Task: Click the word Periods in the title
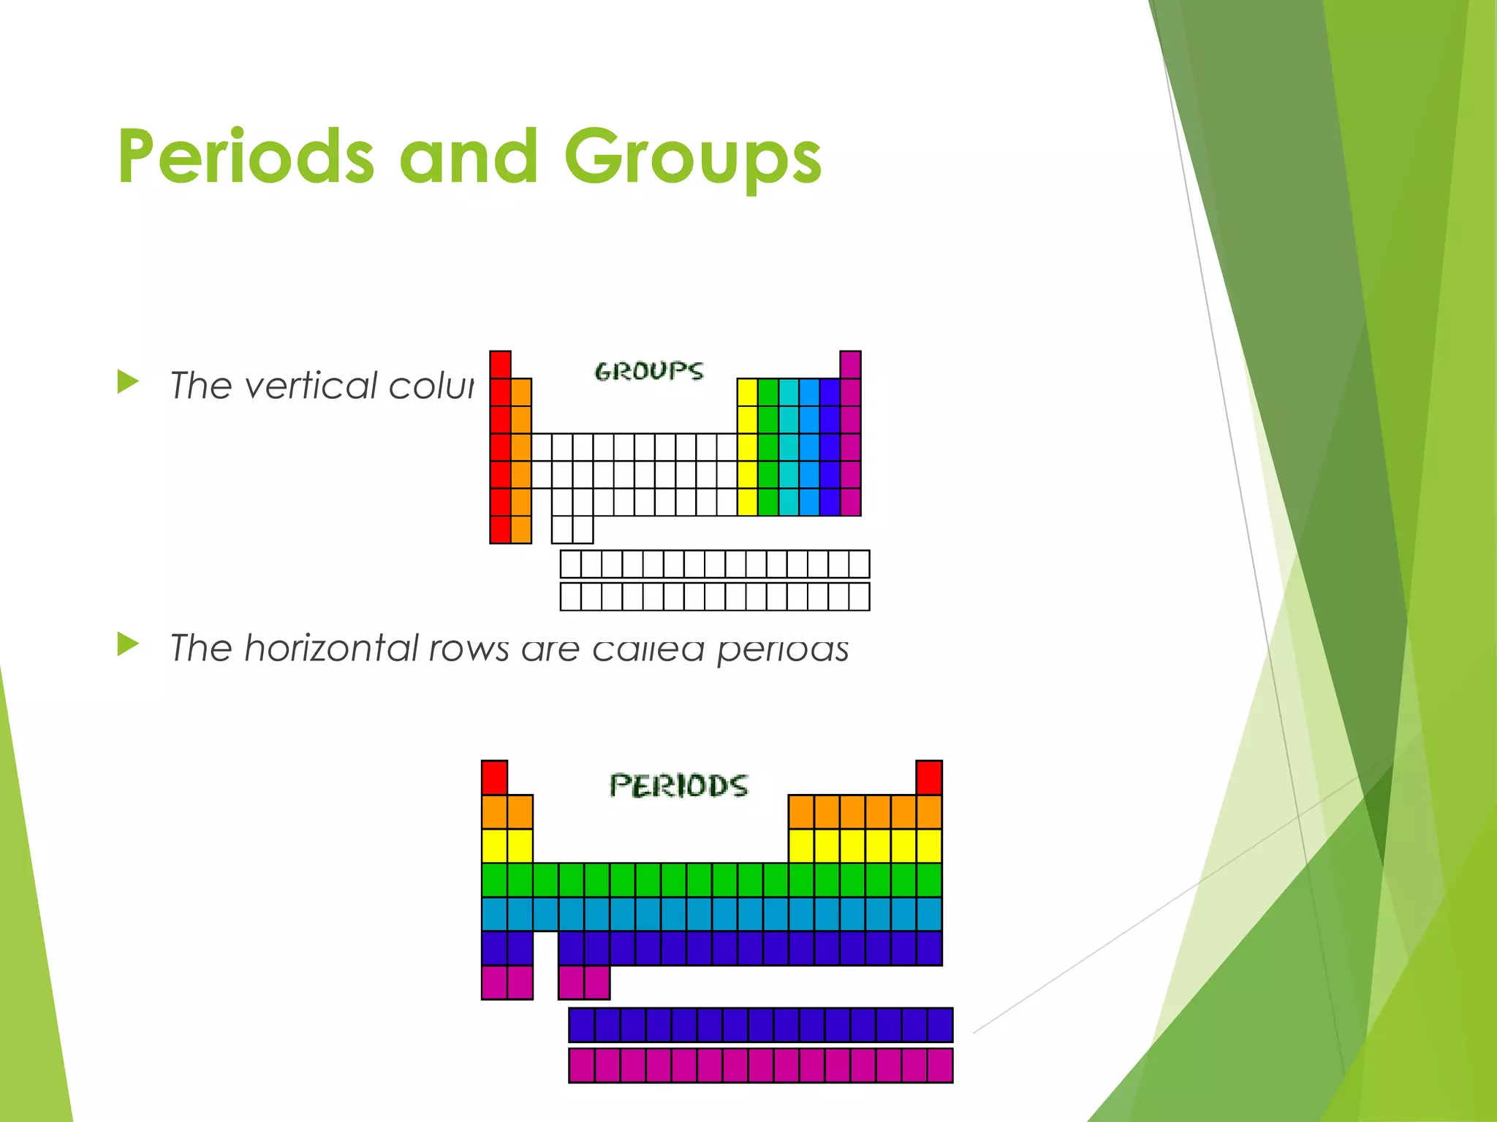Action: (246, 156)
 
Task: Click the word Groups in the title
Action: (692, 156)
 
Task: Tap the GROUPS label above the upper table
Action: (649, 371)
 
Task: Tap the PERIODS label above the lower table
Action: (678, 786)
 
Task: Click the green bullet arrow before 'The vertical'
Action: (128, 382)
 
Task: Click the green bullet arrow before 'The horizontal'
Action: (128, 644)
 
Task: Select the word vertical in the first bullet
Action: (311, 386)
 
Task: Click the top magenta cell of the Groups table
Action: (850, 365)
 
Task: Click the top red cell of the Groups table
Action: (500, 365)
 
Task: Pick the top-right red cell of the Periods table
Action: (928, 777)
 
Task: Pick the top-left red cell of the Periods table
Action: (494, 777)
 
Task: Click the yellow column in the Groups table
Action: (747, 447)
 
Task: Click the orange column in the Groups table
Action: (521, 460)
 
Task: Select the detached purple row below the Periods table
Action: (760, 1025)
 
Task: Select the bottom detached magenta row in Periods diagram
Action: (760, 1065)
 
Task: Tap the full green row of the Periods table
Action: (710, 880)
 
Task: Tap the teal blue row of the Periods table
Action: (710, 914)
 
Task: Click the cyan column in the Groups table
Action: (789, 447)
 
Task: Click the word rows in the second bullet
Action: (469, 649)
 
